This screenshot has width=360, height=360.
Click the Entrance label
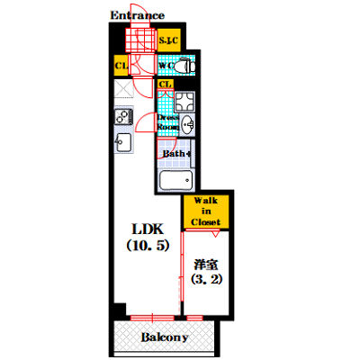[137, 15]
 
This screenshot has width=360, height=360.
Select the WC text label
[166, 66]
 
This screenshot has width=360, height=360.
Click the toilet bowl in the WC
[184, 67]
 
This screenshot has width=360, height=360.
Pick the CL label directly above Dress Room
[166, 85]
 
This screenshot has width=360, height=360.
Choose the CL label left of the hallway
[121, 66]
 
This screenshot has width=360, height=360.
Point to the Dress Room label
[168, 123]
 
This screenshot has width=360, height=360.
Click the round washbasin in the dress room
[188, 125]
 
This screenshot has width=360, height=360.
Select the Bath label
[176, 154]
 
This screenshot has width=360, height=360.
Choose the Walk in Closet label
[205, 210]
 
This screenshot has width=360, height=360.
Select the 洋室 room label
[204, 265]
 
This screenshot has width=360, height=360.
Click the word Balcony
[163, 338]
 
